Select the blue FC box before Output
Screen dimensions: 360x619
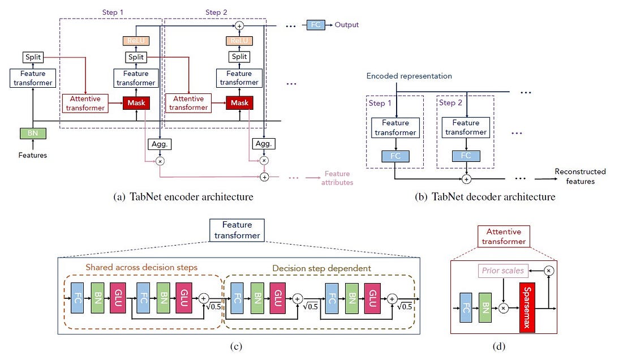click(315, 25)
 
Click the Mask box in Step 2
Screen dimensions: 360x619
click(239, 103)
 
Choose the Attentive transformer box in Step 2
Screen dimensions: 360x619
click(188, 103)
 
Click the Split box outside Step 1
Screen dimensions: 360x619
click(33, 57)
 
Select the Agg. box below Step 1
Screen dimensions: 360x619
click(159, 144)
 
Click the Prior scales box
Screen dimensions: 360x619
click(502, 271)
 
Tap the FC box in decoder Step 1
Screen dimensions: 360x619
click(396, 156)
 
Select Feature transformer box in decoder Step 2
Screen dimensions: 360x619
click(466, 127)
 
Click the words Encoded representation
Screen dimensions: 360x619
click(409, 76)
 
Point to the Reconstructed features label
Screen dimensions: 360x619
click(579, 177)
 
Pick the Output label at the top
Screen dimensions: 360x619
click(346, 25)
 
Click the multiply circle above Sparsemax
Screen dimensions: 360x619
click(548, 271)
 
